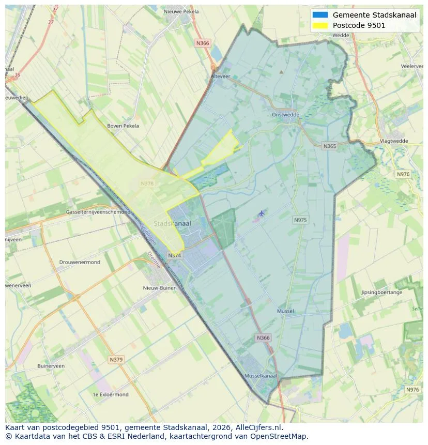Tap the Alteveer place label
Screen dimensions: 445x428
(x=220, y=75)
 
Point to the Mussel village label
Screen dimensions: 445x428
(x=285, y=311)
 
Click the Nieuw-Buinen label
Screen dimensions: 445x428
(x=160, y=288)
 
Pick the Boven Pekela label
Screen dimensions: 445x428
(x=123, y=126)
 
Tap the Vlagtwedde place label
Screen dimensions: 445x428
(x=394, y=141)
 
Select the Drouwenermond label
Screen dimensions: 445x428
(x=80, y=262)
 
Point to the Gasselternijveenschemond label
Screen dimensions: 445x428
(x=98, y=212)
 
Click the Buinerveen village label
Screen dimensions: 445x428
(x=51, y=366)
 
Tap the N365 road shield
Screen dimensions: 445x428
(x=329, y=146)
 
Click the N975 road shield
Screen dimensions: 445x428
(x=300, y=220)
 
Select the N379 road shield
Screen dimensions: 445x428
(x=116, y=359)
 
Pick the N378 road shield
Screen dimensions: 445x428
(x=147, y=183)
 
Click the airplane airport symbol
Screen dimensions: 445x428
(x=262, y=213)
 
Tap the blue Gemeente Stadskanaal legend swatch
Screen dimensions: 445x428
(x=320, y=15)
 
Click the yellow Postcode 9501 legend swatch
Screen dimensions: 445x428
(x=320, y=25)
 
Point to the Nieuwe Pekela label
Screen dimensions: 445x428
(x=181, y=11)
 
